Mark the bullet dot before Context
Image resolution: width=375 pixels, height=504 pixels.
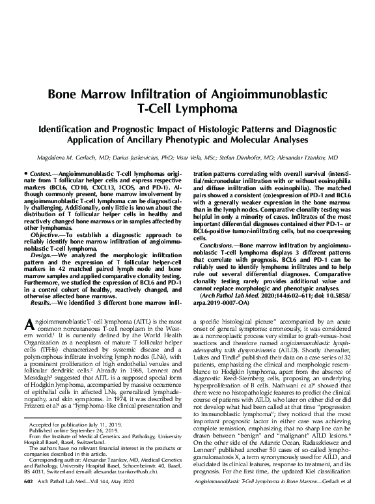click(x=24, y=176)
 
